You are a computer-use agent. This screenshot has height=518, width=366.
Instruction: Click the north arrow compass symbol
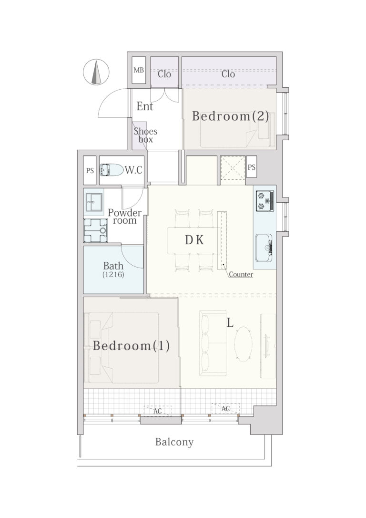96,72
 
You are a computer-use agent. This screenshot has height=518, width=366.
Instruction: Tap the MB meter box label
139,70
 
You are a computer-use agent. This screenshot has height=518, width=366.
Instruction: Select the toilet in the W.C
111,170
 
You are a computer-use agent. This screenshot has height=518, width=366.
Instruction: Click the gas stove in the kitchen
265,200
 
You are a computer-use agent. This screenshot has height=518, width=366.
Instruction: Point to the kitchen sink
264,248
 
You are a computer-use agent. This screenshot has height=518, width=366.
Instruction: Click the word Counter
241,275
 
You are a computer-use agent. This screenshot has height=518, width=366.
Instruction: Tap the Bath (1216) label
113,269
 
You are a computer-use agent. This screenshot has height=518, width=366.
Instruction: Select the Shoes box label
145,135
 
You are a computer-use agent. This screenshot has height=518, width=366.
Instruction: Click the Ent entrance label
144,106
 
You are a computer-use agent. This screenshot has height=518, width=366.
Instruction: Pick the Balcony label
174,442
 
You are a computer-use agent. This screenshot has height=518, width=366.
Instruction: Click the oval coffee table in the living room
244,344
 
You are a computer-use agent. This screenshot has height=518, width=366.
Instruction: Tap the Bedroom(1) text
132,346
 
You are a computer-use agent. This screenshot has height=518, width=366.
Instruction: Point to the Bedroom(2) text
230,116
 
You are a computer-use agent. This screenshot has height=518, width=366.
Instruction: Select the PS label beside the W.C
90,171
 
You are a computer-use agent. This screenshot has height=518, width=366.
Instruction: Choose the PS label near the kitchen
252,167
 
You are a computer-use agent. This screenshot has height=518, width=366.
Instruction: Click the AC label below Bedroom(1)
157,411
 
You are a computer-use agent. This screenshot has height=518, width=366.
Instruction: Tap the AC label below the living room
225,409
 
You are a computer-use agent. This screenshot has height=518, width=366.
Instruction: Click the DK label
194,240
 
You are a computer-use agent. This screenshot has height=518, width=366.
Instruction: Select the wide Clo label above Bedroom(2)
228,74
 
